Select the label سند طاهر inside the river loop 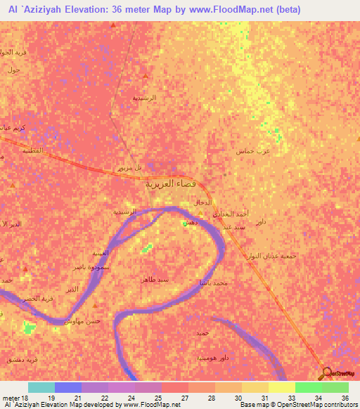click(x=154, y=279)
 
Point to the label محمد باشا click(x=213, y=282)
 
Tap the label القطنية click(x=32, y=150)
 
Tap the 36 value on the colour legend click(x=345, y=398)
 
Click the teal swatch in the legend click(x=41, y=387)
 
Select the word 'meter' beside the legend click(x=9, y=398)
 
